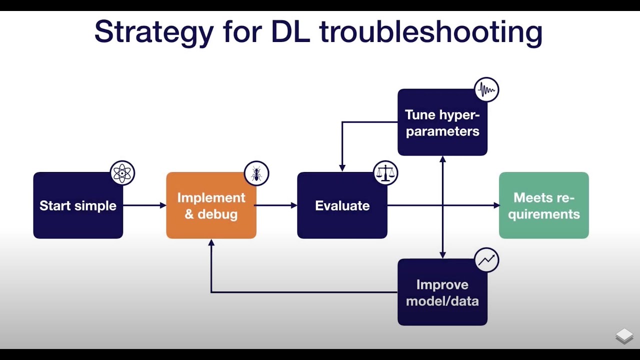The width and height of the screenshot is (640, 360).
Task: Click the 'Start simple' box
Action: pos(78,205)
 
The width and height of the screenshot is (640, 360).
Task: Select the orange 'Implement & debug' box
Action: pos(211,205)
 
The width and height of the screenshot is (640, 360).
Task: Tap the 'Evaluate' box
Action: pos(342,205)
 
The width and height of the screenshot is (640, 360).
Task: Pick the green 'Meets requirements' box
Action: pos(543,205)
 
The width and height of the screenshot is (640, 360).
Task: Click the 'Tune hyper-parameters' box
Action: pos(442,122)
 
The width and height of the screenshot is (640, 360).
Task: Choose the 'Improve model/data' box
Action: pos(442,292)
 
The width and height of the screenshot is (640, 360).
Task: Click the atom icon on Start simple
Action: pos(122,173)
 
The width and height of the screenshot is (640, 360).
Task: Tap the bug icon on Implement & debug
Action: pos(256,173)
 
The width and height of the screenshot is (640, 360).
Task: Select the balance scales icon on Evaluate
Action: pos(385,173)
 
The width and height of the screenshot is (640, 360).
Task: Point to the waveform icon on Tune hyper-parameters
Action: pos(486,90)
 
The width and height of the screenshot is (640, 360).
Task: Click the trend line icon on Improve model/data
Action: pos(486,260)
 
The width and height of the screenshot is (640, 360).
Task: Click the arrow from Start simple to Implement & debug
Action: pos(144,205)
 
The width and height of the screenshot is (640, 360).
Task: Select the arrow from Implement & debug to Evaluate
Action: pos(276,205)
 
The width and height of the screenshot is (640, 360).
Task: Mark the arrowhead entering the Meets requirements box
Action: pos(496,205)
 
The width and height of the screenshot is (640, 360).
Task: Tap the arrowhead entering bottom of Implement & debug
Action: pos(211,242)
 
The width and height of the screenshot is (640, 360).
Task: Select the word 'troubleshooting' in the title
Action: pos(431,32)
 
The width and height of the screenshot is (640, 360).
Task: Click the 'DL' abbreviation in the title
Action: pos(291,32)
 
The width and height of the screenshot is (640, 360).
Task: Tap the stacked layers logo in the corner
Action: pos(624,336)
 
